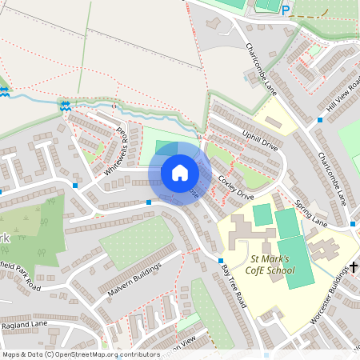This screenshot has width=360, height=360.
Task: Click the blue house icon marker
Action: click(x=180, y=173)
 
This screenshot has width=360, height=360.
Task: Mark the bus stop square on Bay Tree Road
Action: click(x=221, y=261)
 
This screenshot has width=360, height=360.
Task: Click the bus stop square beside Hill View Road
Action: click(x=319, y=120)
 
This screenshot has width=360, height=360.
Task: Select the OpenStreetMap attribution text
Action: click(x=81, y=354)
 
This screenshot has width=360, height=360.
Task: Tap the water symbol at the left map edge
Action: click(x=4, y=91)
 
